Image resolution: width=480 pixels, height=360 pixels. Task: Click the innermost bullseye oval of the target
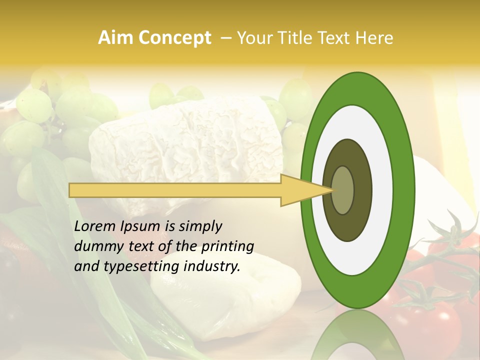tap(342, 190)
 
